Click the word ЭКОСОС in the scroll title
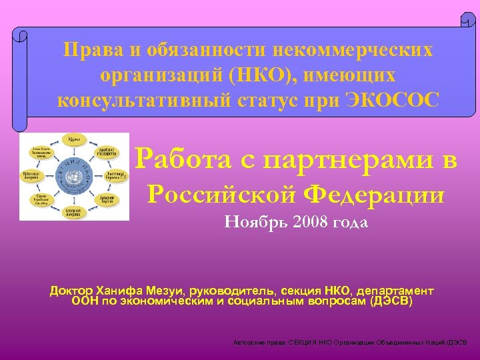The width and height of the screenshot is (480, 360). pos(393,100)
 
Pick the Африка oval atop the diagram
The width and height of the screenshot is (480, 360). pos(73,140)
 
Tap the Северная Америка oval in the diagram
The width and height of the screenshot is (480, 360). pos(73,211)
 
